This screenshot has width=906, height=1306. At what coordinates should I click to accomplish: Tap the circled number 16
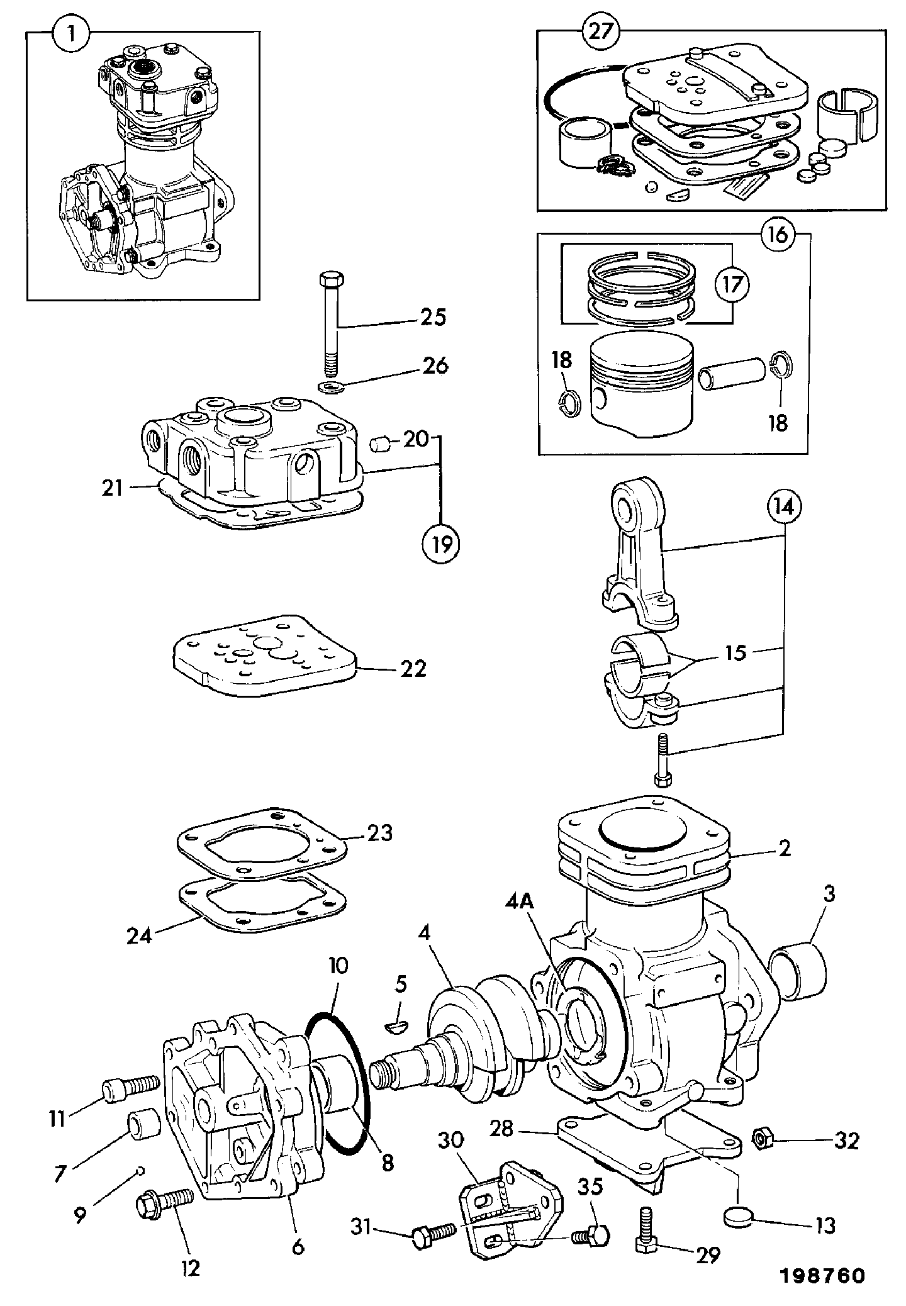[778, 235]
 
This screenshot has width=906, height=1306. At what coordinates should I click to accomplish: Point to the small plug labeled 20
[379, 445]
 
